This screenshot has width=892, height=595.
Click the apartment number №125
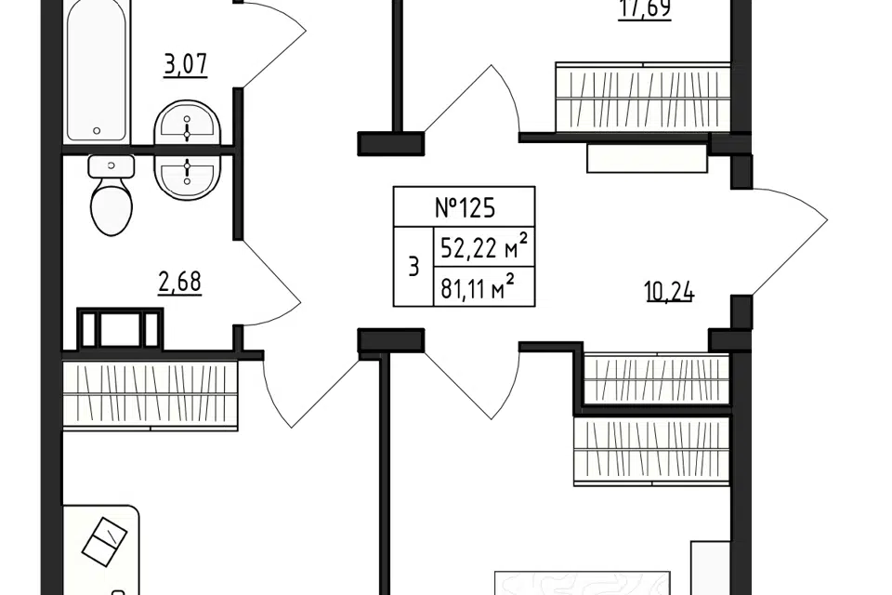464,207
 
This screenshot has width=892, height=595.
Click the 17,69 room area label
644,11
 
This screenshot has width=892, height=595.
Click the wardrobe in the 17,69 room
643,98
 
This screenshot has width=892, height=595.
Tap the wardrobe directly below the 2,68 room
150,394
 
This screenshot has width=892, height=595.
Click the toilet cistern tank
111,166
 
